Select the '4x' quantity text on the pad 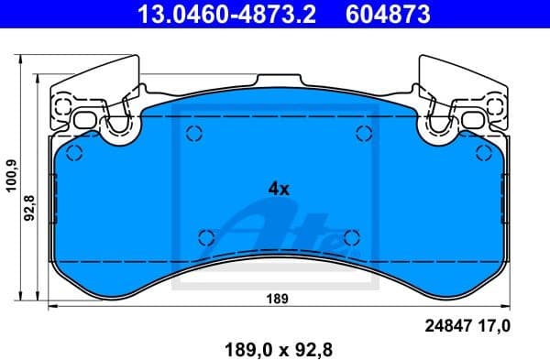coord(278,189)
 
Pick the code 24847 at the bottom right coord(446,324)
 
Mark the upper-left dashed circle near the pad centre coord(193,135)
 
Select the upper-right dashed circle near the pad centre coord(360,135)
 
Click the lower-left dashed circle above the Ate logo coord(206,235)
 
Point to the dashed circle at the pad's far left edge coord(75,153)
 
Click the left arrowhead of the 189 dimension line coord(50,307)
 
